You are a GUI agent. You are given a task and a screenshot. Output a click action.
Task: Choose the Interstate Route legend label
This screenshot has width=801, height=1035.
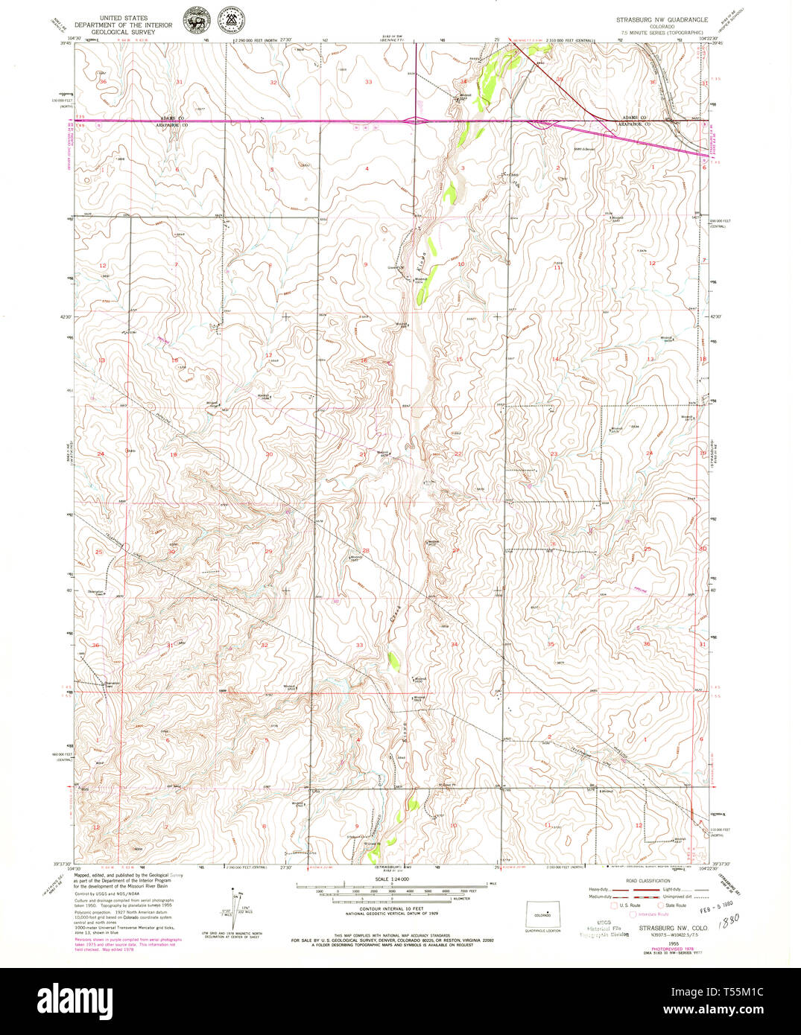[x=653, y=914]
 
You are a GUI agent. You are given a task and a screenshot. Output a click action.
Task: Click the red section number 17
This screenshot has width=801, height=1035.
[x=268, y=355]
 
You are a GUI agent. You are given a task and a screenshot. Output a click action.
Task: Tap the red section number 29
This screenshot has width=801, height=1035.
[x=268, y=551]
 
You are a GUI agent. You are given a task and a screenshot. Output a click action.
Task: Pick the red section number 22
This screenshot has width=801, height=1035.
[x=458, y=453]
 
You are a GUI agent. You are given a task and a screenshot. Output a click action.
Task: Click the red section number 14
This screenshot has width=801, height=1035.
[x=554, y=359]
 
